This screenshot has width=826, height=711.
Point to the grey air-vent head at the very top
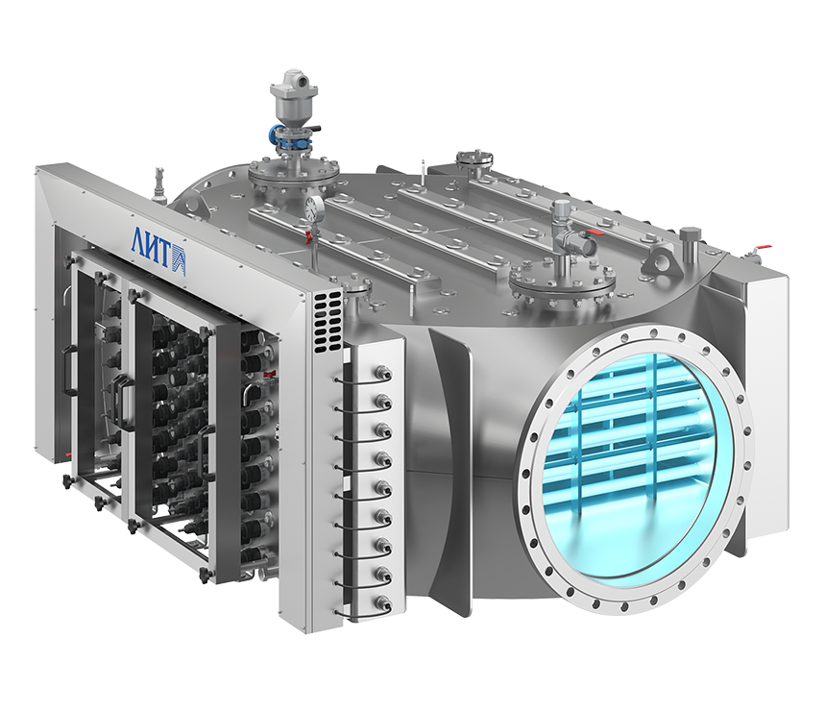(290, 88)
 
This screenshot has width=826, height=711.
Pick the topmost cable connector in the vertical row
(381, 374)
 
